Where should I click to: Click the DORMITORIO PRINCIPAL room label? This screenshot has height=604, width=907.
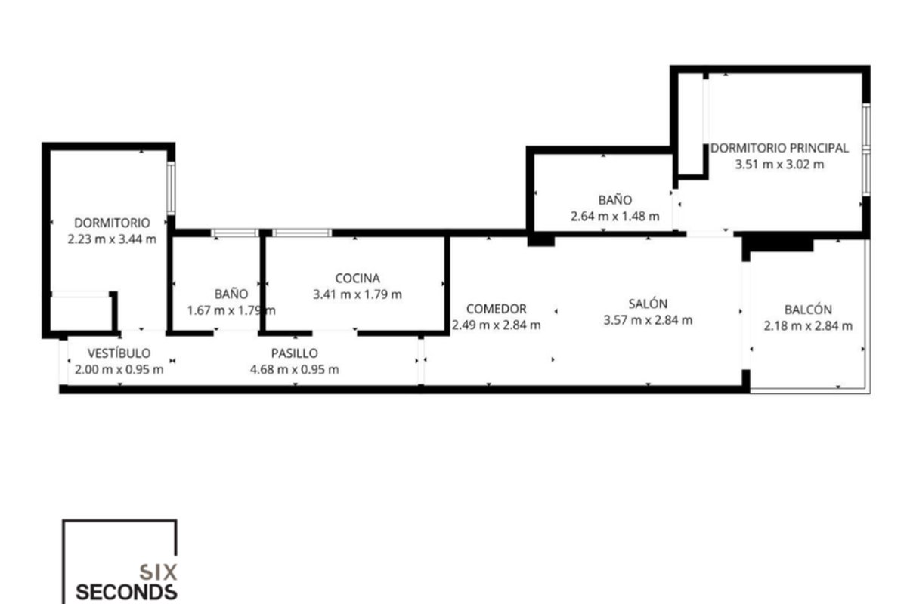coord(779,148)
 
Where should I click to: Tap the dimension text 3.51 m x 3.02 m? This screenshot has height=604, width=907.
coord(779,165)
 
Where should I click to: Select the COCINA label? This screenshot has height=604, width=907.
coord(358,279)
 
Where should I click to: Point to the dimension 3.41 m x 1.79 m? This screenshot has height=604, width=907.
coord(358,294)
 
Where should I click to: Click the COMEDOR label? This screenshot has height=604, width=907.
coord(497,309)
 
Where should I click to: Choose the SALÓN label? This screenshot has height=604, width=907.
coord(648,304)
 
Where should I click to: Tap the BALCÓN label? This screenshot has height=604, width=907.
coord(808,310)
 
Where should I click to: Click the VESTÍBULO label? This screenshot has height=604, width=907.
coord(119,353)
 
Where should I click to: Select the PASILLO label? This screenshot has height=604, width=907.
coord(294,353)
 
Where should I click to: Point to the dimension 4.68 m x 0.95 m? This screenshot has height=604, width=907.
coord(294,369)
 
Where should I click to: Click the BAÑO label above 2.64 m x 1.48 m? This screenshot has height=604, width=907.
coord(615,200)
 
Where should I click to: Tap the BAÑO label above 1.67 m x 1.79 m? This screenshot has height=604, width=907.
coord(231,294)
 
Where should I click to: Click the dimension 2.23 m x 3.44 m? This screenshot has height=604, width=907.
coord(112,239)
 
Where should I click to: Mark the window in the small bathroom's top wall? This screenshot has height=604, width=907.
coord(234,233)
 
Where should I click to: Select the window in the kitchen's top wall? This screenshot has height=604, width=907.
coord(302,233)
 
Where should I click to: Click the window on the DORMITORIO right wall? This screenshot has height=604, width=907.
coord(171,188)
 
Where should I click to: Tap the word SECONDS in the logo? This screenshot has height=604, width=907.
coord(126,592)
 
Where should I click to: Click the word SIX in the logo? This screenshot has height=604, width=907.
coord(158,572)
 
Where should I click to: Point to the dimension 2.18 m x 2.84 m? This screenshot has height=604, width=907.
coord(808,325)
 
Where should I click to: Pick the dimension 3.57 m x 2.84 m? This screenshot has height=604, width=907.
coord(648,320)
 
